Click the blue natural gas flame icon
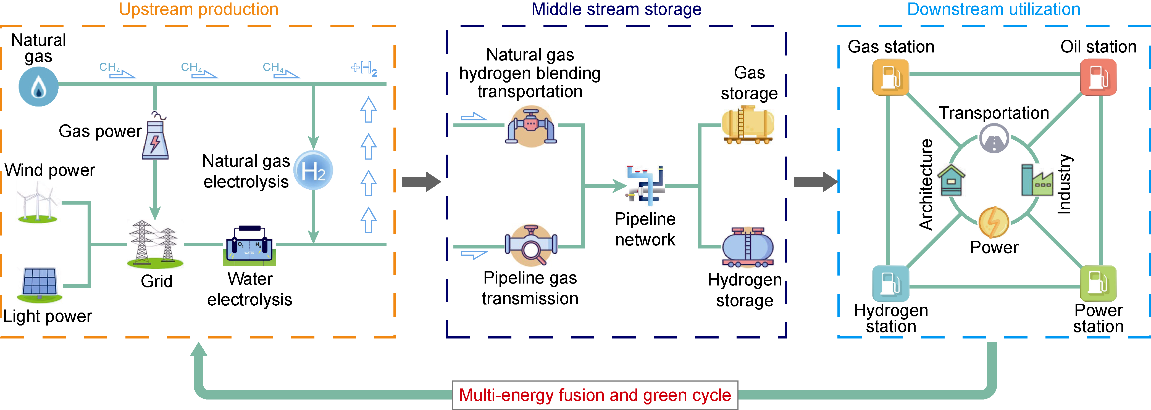tap(38, 87)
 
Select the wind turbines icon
tap(38, 205)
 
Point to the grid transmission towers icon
tap(155, 244)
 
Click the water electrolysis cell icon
tap(249, 246)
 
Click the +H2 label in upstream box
tap(364, 69)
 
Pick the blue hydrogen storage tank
tap(748, 247)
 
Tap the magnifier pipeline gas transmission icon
tap(531, 246)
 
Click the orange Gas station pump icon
tap(890, 77)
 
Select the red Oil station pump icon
tap(1098, 77)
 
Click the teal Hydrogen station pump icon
tap(890, 284)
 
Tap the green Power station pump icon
tap(1098, 284)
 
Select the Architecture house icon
tap(951, 181)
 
